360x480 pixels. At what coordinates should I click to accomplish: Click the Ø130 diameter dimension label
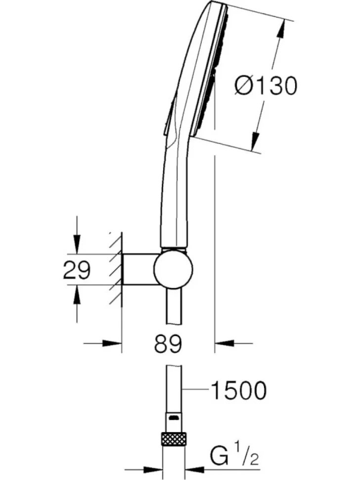[x=266, y=86]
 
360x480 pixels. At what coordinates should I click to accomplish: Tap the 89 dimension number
[x=168, y=343]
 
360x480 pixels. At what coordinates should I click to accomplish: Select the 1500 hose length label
[x=238, y=390]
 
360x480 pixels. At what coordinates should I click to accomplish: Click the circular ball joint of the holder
[x=174, y=269]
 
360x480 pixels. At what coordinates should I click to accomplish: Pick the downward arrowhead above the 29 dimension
[x=77, y=244]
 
